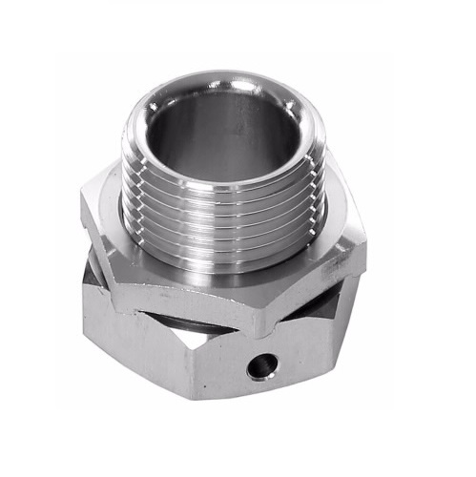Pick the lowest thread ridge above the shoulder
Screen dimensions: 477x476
[224, 250]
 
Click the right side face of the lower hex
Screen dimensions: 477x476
[315, 353]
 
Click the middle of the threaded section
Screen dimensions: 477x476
[224, 219]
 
